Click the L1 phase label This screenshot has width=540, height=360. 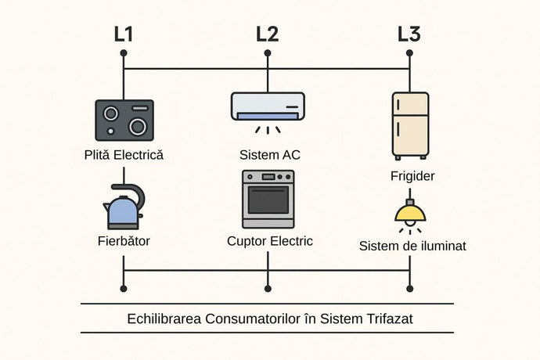click(123, 34)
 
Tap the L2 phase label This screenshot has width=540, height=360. click(267, 34)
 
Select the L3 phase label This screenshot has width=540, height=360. click(409, 34)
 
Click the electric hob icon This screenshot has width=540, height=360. click(124, 120)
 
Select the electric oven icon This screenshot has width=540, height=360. click(268, 199)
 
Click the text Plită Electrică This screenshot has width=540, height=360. click(124, 154)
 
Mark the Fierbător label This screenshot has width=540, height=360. click(123, 240)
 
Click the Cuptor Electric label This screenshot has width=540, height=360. click(268, 240)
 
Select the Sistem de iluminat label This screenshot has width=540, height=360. click(412, 246)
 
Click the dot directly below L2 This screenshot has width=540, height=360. click(268, 54)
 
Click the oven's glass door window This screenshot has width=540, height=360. click(268, 203)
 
